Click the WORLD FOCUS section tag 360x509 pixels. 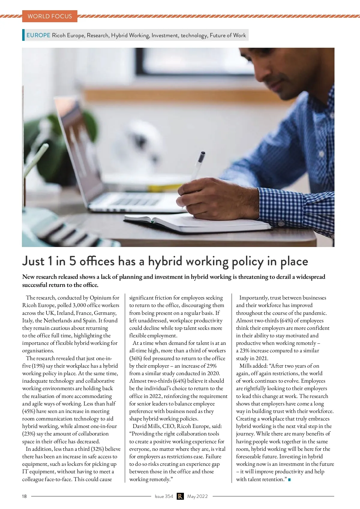point(50,16)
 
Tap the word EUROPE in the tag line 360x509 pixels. point(38,35)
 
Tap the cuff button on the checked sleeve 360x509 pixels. point(281,223)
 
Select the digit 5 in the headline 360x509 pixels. point(73,261)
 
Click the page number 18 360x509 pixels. point(24,496)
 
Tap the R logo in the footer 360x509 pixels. point(180,496)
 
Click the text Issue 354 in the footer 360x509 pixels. point(164,496)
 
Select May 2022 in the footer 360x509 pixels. point(197,496)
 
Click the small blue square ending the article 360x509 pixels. point(289,480)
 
